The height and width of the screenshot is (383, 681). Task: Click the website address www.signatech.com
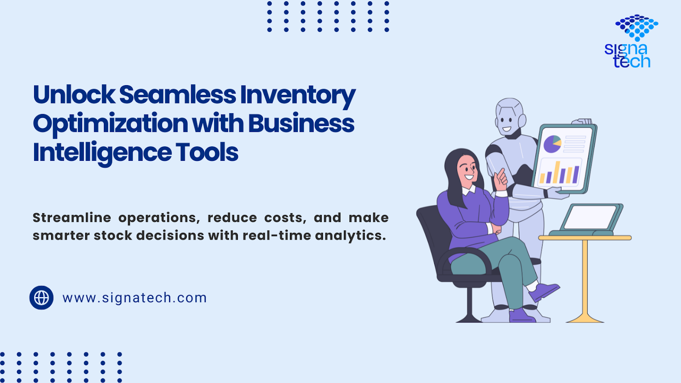(x=134, y=297)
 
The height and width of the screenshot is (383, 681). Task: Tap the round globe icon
(x=41, y=297)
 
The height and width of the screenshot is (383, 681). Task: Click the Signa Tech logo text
(x=627, y=55)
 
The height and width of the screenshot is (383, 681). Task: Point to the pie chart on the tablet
(x=552, y=144)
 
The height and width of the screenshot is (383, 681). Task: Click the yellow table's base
(x=585, y=318)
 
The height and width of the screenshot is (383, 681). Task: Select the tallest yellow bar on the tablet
(x=557, y=172)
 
